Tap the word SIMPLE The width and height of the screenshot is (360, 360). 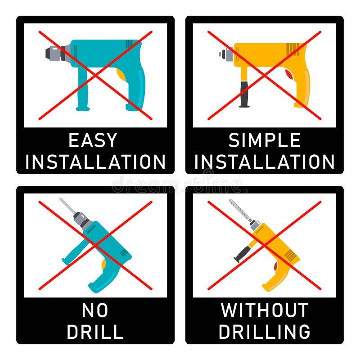(265, 140)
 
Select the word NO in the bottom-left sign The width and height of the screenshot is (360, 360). (95, 310)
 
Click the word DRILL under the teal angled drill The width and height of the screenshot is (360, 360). (95, 332)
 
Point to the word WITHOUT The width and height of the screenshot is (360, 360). (265, 310)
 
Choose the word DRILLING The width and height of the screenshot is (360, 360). (265, 332)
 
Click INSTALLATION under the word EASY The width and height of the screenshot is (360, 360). (95, 162)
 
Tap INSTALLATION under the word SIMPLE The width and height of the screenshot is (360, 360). (265, 162)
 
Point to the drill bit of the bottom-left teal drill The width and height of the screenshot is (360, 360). (67, 207)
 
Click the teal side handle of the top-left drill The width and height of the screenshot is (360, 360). (82, 90)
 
